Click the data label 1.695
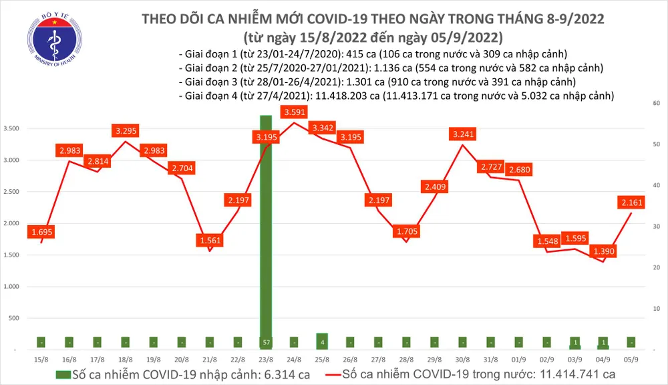click(x=41, y=232)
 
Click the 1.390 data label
click(x=603, y=251)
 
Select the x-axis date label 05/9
click(x=631, y=359)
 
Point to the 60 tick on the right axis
click(x=656, y=104)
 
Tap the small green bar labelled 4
click(x=322, y=341)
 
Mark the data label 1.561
click(x=210, y=240)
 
